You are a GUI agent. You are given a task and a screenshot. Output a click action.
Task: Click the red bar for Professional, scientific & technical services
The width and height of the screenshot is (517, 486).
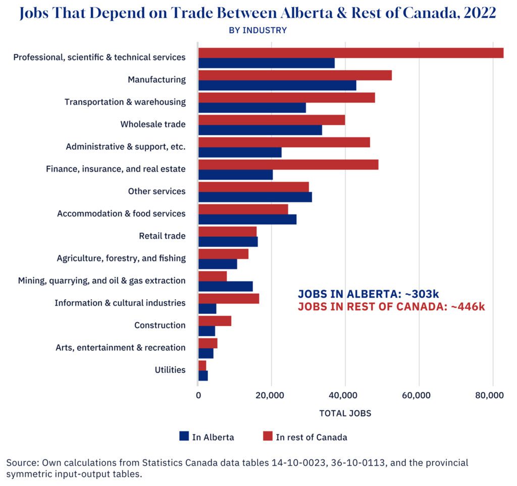pyautogui.click(x=351, y=53)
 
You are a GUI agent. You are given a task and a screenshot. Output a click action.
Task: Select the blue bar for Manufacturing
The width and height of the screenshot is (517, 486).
pyautogui.click(x=277, y=85)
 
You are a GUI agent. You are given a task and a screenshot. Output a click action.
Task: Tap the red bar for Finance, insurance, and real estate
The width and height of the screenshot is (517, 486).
pyautogui.click(x=288, y=165)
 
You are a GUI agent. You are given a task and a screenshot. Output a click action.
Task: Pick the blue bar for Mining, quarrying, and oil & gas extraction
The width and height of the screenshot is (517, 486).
pyautogui.click(x=225, y=286)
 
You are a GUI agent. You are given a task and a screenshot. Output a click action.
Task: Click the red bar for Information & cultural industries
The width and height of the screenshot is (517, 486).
pyautogui.click(x=229, y=298)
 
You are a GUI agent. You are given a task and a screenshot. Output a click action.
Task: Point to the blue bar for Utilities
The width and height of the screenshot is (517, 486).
pyautogui.click(x=203, y=375)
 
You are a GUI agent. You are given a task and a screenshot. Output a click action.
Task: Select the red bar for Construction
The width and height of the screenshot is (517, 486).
pyautogui.click(x=215, y=320)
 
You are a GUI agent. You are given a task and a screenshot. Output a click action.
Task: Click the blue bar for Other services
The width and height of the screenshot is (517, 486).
pyautogui.click(x=255, y=197)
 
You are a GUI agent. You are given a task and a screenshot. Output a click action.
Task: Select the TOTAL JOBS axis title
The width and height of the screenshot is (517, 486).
pyautogui.click(x=345, y=413)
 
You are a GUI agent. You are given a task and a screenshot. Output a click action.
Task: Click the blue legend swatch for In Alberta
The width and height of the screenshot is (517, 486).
pyautogui.click(x=184, y=437)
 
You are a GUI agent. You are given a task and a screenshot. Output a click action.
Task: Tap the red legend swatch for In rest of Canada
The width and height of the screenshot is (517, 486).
pyautogui.click(x=268, y=437)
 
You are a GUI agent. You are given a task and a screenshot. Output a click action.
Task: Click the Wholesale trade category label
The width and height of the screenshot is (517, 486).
pyautogui.click(x=153, y=124)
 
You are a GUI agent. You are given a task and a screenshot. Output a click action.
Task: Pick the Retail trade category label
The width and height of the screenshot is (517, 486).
pyautogui.click(x=162, y=236)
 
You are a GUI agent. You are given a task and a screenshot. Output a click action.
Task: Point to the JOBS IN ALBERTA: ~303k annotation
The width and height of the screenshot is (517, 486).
pyautogui.click(x=367, y=294)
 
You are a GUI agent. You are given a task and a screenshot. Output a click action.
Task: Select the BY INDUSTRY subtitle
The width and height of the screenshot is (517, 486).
pyautogui.click(x=258, y=30)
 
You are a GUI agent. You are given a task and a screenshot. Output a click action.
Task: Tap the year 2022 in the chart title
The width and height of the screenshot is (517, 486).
pyautogui.click(x=475, y=13)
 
